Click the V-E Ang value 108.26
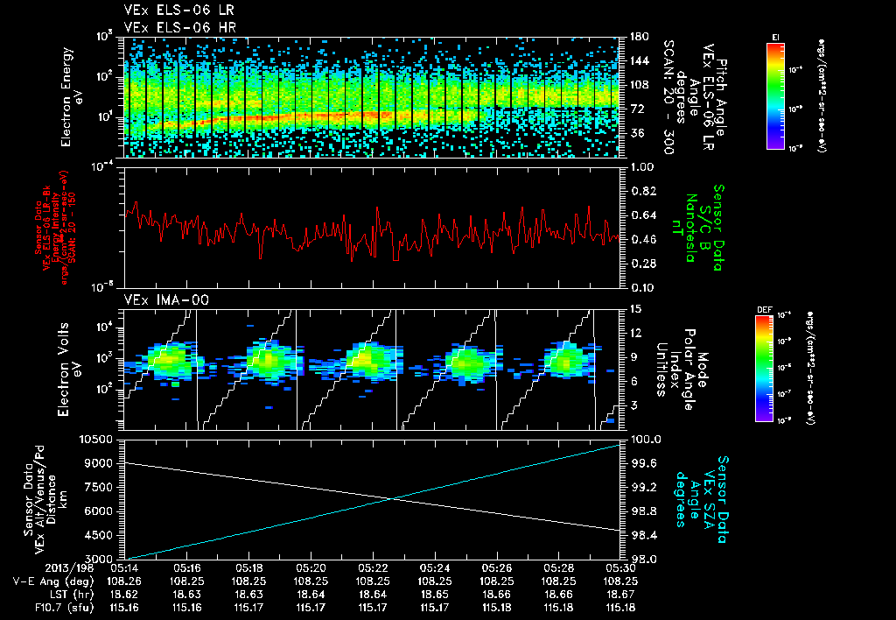point(127,581)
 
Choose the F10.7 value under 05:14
point(127,606)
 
